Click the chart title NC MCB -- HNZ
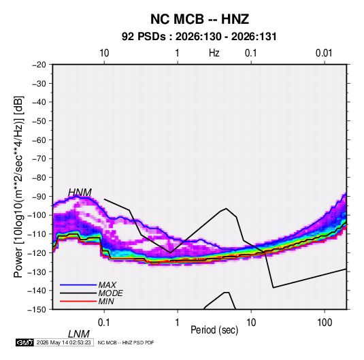pyautogui.click(x=199, y=19)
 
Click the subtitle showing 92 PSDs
pyautogui.click(x=199, y=37)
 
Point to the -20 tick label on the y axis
pyautogui.click(x=39, y=65)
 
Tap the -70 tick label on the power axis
pyautogui.click(x=39, y=159)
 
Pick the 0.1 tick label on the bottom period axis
pyautogui.click(x=104, y=323)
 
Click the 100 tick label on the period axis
pyautogui.click(x=325, y=323)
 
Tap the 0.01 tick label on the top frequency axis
pyautogui.click(x=324, y=53)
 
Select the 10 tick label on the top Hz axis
pyautogui.click(x=104, y=53)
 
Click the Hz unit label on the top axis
pyautogui.click(x=214, y=53)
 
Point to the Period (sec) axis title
pyautogui.click(x=214, y=330)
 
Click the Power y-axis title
pyautogui.click(x=18, y=187)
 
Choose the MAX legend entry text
pyautogui.click(x=107, y=284)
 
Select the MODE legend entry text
pyautogui.click(x=110, y=293)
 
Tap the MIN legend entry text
pyautogui.click(x=106, y=301)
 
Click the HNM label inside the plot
pyautogui.click(x=80, y=193)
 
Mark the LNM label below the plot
pyautogui.click(x=79, y=334)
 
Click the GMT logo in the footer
pyautogui.click(x=24, y=342)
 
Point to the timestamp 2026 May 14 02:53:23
pyautogui.click(x=63, y=342)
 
